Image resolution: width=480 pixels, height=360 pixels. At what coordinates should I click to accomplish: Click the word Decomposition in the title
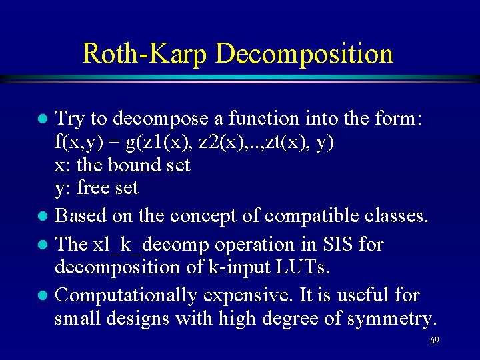(x=304, y=54)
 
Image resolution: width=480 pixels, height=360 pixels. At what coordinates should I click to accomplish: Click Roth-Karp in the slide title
(x=144, y=53)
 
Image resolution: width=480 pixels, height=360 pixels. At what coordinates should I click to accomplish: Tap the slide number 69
(x=434, y=341)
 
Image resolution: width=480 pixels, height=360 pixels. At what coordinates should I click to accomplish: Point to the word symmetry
(x=391, y=319)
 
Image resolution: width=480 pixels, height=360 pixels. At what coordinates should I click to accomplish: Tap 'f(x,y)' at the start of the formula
(x=73, y=142)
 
